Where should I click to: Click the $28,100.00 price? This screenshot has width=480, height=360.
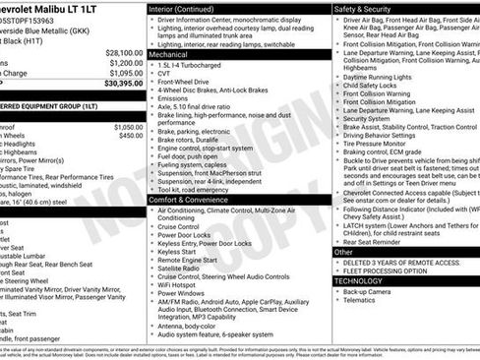pyautogui.click(x=124, y=52)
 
